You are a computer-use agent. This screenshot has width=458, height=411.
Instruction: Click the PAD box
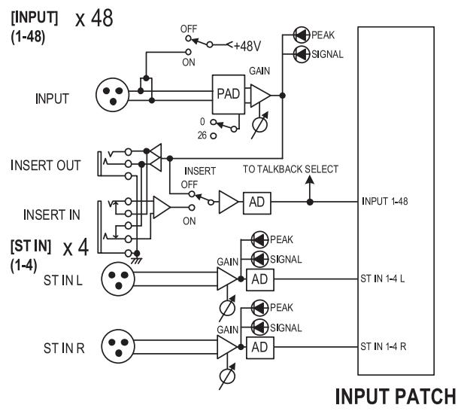pyautogui.click(x=229, y=94)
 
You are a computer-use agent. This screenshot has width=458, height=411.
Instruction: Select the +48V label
pyautogui.click(x=247, y=46)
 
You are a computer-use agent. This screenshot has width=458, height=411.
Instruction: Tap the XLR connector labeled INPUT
pyautogui.click(x=113, y=95)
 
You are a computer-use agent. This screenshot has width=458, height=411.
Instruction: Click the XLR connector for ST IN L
pyautogui.click(x=118, y=279)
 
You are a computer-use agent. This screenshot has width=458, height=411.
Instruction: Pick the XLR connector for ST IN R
pyautogui.click(x=118, y=346)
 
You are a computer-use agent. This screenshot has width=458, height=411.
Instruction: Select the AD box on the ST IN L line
pyautogui.click(x=260, y=280)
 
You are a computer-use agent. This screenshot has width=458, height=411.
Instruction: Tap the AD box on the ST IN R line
pyautogui.click(x=260, y=348)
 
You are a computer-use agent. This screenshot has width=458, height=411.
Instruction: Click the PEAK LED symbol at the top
pyautogui.click(x=301, y=35)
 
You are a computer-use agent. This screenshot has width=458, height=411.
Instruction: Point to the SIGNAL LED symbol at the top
pyautogui.click(x=301, y=54)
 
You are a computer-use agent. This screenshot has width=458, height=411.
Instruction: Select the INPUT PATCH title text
pyautogui.click(x=396, y=396)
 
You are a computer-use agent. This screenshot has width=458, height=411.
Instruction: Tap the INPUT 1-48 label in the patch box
pyautogui.click(x=385, y=201)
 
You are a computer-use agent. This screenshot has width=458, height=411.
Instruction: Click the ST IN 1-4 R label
pyautogui.click(x=384, y=347)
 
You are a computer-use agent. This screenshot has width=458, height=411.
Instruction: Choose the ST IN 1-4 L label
pyautogui.click(x=383, y=279)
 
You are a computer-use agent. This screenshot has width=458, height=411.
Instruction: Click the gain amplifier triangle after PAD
pyautogui.click(x=260, y=96)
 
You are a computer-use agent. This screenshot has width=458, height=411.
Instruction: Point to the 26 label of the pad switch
pyautogui.click(x=202, y=135)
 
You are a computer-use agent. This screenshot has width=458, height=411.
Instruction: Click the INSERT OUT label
pyautogui.click(x=46, y=165)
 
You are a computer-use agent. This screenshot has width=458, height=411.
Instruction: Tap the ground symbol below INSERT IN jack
pyautogui.click(x=136, y=260)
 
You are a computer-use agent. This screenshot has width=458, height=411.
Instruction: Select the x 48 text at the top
pyautogui.click(x=94, y=18)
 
